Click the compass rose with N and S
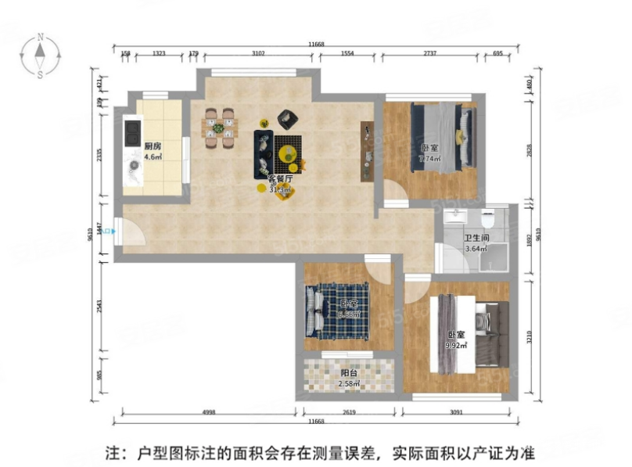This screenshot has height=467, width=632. click(39, 55)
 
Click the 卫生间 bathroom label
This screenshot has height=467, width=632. click(476, 239)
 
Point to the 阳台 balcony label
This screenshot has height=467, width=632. click(349, 374)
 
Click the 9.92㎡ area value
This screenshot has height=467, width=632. click(455, 344)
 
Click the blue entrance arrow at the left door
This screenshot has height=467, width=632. click(114, 231)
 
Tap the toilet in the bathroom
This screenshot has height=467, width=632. click(488, 216)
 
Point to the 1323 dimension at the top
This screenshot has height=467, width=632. click(159, 53)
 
